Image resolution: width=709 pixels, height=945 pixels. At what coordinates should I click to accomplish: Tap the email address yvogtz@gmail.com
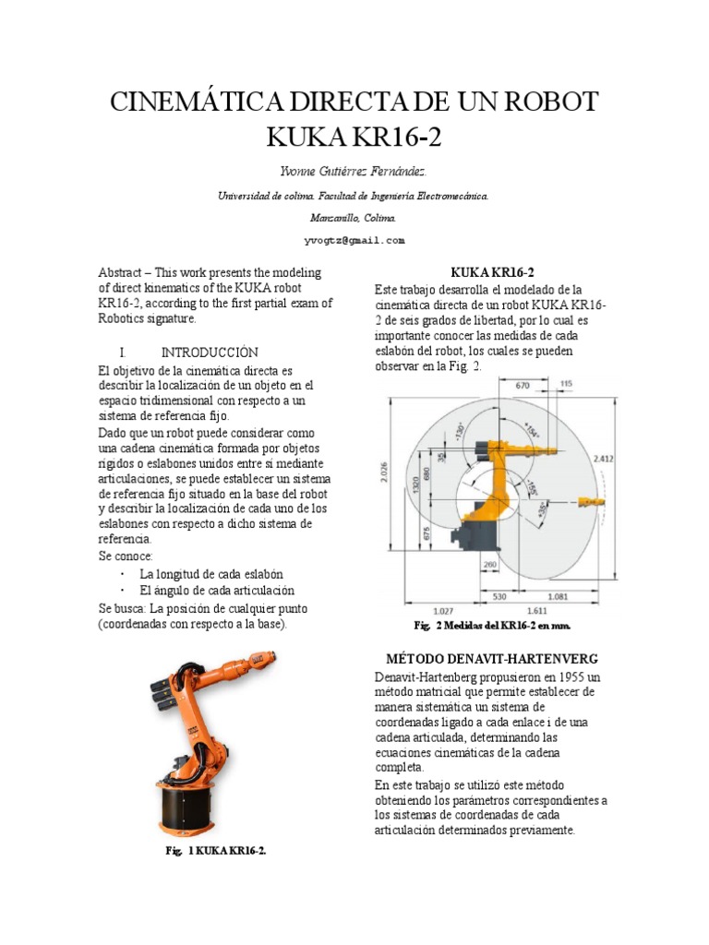click(x=354, y=240)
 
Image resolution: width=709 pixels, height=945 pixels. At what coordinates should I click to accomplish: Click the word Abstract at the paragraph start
click(x=122, y=273)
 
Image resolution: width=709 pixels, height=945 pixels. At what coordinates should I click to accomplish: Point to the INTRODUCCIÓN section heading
click(x=210, y=353)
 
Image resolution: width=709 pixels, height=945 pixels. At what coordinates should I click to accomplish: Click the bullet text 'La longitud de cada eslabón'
click(x=211, y=573)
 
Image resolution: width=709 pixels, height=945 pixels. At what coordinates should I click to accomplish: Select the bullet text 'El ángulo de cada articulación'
click(x=217, y=590)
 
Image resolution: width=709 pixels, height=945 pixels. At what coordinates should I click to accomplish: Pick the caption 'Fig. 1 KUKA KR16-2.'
click(x=216, y=851)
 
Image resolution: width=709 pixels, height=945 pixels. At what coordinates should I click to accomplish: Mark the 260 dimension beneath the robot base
click(x=489, y=565)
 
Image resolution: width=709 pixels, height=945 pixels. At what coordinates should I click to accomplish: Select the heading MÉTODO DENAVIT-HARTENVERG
click(x=492, y=659)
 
